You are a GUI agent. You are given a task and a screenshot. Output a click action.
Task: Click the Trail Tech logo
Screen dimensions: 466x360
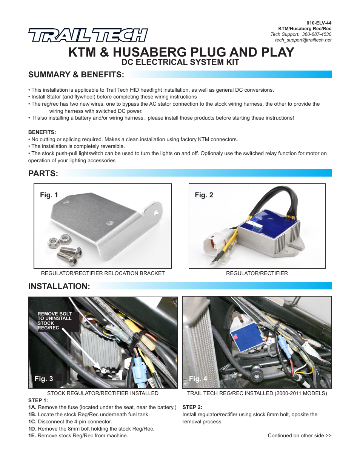click(88, 35)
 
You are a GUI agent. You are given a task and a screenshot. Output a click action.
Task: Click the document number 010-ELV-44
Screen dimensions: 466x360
click(319, 23)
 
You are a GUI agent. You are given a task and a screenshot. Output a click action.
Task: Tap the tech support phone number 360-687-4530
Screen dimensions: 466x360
click(317, 34)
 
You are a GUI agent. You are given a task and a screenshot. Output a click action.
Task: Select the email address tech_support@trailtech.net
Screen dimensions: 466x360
click(303, 40)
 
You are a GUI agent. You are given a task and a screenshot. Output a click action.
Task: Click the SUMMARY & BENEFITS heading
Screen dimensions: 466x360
click(76, 75)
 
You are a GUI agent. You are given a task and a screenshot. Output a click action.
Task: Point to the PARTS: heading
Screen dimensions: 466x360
click(43, 174)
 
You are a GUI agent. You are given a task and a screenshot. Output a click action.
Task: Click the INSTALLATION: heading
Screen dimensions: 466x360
click(59, 286)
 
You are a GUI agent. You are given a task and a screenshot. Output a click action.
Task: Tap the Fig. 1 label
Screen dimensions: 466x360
click(49, 195)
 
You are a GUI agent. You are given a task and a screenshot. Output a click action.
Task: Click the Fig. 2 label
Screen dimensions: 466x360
click(204, 195)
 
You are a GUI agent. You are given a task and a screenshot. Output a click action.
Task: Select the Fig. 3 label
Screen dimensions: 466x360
click(44, 379)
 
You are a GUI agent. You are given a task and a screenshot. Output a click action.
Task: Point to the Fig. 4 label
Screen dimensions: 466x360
click(198, 379)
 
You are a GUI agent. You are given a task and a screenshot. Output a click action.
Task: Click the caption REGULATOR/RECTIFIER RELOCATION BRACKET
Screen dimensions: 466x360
click(103, 273)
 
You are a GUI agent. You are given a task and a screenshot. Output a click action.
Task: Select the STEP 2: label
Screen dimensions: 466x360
click(192, 407)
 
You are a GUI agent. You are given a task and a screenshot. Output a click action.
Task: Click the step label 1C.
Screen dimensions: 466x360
click(32, 421)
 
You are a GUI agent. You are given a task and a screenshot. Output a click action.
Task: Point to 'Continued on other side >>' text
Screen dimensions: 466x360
click(300, 435)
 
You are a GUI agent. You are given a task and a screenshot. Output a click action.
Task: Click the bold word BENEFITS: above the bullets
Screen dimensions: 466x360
click(42, 132)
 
